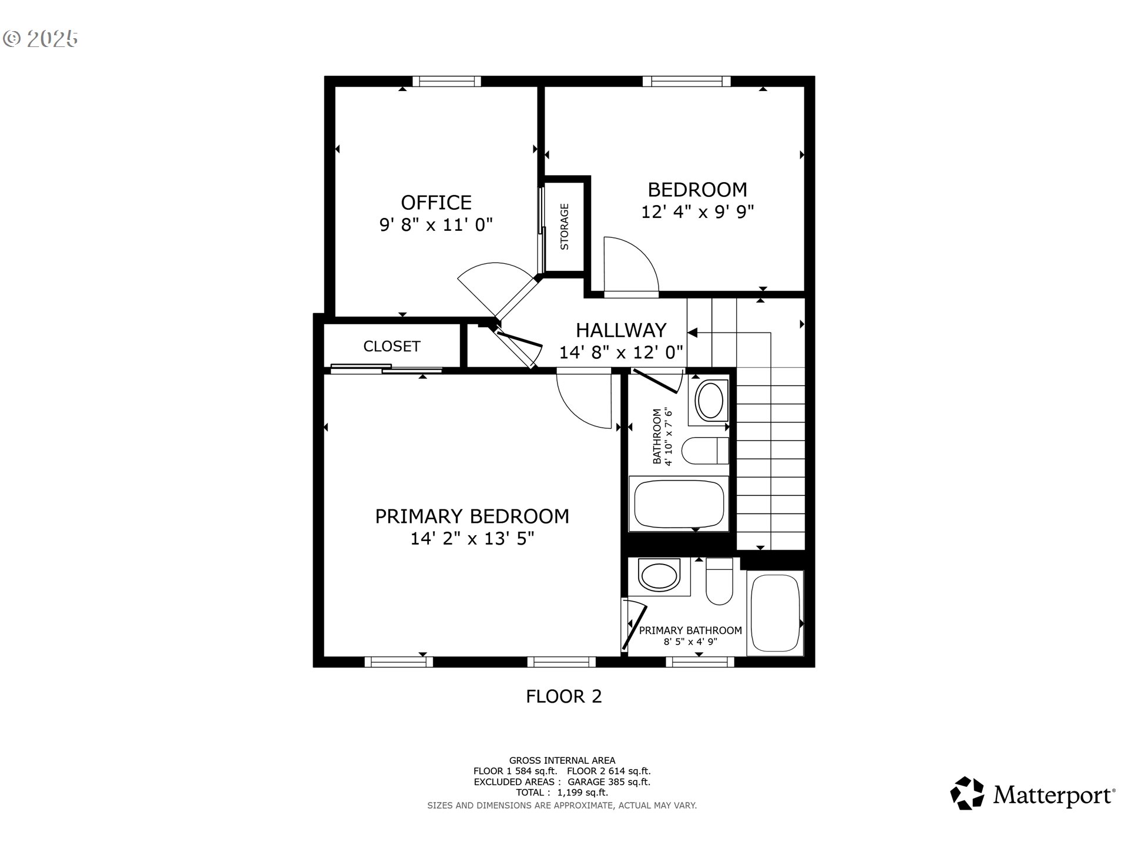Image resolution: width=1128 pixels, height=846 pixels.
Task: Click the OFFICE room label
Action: coord(436,203)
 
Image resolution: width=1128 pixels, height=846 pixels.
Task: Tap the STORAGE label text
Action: coord(565,227)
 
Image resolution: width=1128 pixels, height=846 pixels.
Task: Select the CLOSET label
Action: coord(392,346)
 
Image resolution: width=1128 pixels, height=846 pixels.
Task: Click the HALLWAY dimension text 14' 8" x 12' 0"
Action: coord(621,352)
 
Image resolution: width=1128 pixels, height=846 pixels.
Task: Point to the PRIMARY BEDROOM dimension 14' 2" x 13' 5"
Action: coord(472,538)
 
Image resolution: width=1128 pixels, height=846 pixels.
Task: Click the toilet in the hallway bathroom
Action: coord(705,451)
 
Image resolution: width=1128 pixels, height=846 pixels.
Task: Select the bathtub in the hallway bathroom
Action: coord(679,503)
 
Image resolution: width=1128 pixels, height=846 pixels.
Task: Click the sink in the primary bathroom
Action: coord(659,576)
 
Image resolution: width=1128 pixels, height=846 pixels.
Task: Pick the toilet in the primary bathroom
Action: coord(719,582)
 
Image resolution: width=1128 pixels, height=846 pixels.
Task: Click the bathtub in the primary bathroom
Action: coord(775,613)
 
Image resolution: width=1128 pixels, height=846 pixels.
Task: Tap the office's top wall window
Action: coord(446,82)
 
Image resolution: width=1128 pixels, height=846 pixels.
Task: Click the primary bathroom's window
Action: coord(700,662)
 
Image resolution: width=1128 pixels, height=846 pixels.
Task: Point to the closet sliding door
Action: coord(387,369)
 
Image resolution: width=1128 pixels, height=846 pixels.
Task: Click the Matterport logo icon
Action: coord(967,793)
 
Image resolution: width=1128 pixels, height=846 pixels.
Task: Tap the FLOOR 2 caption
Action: coord(564,696)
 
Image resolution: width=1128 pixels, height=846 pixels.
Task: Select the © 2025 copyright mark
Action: coord(41,39)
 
